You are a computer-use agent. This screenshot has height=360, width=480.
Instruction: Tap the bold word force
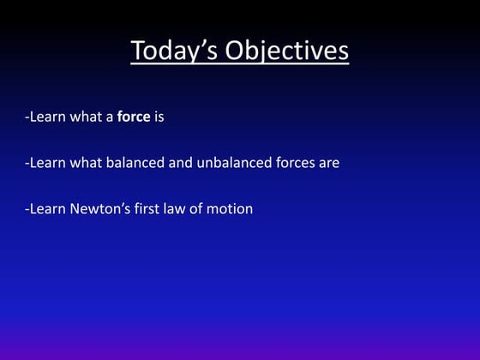pyautogui.click(x=133, y=117)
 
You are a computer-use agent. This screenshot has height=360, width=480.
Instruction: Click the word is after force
pyautogui.click(x=159, y=117)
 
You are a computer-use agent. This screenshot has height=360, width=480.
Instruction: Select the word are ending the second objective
pyautogui.click(x=330, y=163)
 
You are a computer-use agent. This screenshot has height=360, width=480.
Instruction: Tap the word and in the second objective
pyautogui.click(x=180, y=163)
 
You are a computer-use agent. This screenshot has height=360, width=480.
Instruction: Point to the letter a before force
pyautogui.click(x=110, y=117)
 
